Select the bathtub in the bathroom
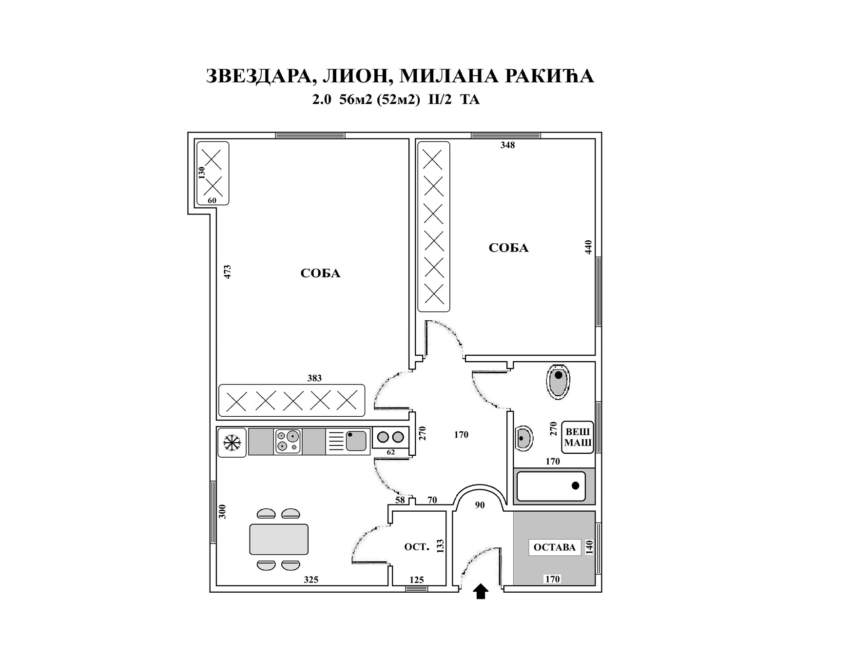[551, 486]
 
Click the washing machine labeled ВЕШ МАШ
[578, 437]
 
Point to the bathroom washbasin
[523, 438]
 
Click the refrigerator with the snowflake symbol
[232, 443]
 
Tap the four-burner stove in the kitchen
[288, 442]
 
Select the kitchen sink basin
[356, 441]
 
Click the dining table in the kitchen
[279, 539]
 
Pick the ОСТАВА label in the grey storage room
[555, 547]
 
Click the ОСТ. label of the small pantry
[417, 547]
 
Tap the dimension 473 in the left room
[227, 272]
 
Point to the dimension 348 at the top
[507, 145]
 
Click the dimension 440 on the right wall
[588, 247]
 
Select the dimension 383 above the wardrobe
[314, 378]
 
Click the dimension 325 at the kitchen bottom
[311, 580]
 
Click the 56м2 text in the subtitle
[356, 100]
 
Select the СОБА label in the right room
[508, 248]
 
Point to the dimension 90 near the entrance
[480, 505]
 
